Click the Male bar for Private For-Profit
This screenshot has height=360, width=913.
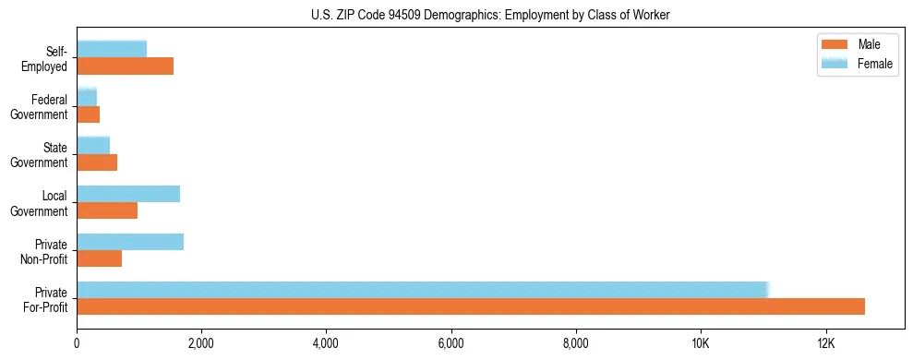tap(471, 306)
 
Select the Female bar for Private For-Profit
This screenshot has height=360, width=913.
tap(422, 290)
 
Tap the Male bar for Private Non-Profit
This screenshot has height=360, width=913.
tap(99, 258)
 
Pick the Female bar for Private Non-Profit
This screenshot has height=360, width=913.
tap(130, 242)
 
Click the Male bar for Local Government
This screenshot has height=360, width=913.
tap(107, 210)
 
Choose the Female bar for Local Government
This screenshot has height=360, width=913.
tap(128, 194)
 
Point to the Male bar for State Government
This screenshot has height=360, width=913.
tap(97, 162)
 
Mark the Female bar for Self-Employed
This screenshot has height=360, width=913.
tap(112, 49)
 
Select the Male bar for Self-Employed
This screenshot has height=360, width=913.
tap(125, 66)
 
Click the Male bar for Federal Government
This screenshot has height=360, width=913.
tap(88, 114)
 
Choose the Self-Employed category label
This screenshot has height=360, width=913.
tap(45, 59)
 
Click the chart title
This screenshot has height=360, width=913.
tap(491, 15)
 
